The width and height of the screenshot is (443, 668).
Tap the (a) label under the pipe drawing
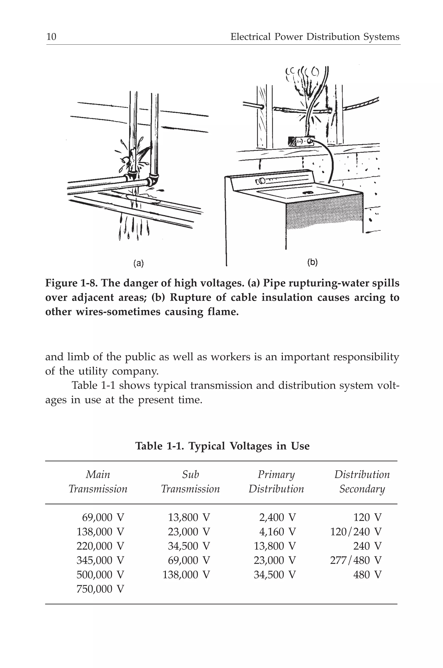(x=138, y=263)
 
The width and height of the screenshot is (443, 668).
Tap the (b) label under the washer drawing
(x=312, y=262)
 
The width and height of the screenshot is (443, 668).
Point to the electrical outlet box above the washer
(x=301, y=141)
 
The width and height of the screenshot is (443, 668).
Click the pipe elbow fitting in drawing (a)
(x=153, y=180)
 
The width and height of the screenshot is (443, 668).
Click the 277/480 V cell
(x=355, y=560)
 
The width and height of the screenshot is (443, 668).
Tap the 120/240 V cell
(x=355, y=532)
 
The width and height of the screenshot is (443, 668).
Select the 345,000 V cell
(x=100, y=560)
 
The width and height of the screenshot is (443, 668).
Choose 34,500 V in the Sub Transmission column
(x=189, y=546)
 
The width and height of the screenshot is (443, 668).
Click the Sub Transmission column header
(x=190, y=481)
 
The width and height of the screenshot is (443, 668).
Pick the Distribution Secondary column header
(x=362, y=481)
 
